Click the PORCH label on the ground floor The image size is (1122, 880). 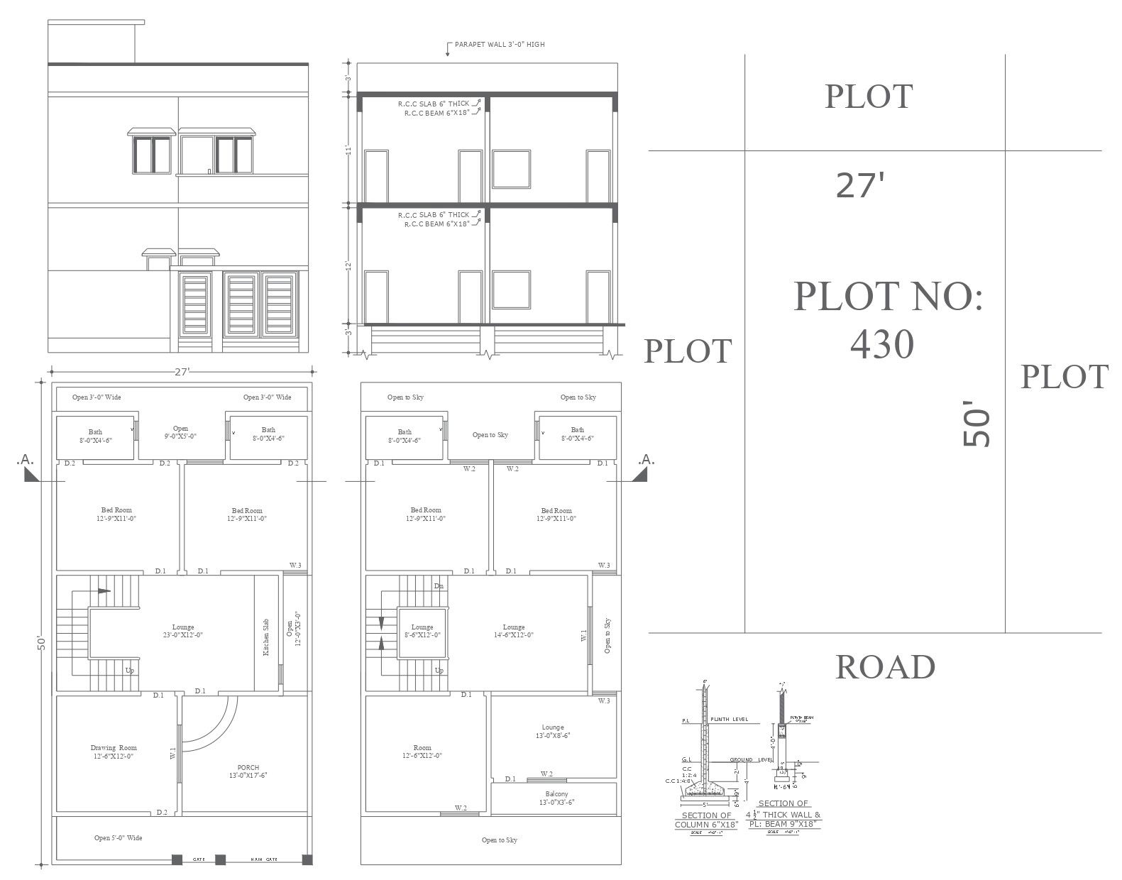point(248,771)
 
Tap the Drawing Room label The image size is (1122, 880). point(114,752)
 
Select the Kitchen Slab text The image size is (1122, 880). point(266,637)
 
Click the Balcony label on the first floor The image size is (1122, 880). point(556,798)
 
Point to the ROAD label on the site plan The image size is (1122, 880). point(885,667)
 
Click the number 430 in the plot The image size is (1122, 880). point(882,345)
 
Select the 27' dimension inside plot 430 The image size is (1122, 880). point(860,185)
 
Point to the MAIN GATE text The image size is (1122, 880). point(264,859)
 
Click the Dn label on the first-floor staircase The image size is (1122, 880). point(439,586)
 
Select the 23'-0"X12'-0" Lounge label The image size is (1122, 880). point(183,631)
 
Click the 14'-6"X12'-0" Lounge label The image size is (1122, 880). point(514,631)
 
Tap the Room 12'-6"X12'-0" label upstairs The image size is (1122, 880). point(422,752)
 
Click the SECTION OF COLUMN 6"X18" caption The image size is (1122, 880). point(706,820)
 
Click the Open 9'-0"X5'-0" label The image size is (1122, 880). point(180,432)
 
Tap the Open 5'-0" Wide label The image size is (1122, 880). point(119,838)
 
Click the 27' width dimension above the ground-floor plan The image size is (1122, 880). point(183,371)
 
